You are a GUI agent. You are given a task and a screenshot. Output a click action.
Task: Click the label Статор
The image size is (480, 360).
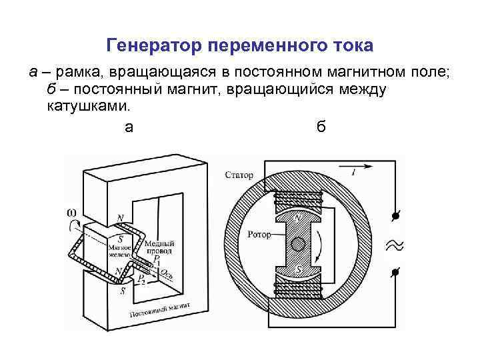pos(240,175)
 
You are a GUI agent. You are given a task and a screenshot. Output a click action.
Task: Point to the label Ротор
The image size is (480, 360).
pos(257,234)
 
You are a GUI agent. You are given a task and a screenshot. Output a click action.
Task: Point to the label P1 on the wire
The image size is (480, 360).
pos(156,259)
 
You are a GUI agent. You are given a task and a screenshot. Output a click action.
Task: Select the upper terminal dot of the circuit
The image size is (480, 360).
pos(395,216)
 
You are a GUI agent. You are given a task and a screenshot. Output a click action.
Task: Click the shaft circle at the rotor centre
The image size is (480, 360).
pos(299,243)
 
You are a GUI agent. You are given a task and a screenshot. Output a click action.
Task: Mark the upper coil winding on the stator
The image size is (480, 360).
pos(298,198)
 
